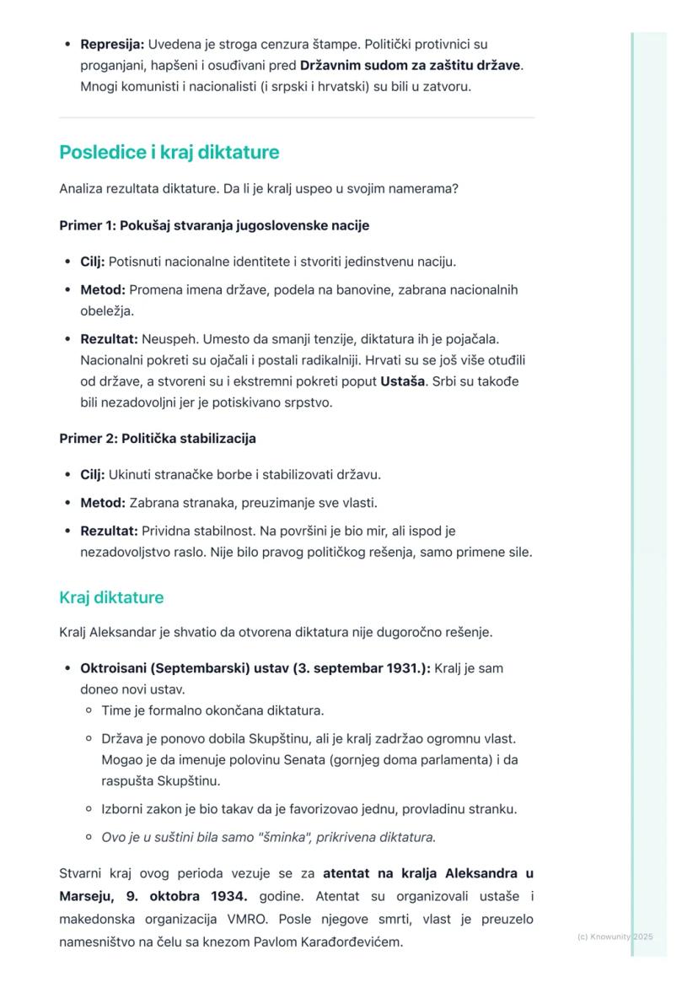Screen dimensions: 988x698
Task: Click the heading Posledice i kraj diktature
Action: coord(169,153)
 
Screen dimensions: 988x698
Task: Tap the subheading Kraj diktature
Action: coord(111,597)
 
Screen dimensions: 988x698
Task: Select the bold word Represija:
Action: coord(112,44)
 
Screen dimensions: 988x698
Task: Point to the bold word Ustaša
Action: coord(403,381)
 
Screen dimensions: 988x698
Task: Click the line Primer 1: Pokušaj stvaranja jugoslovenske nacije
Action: coord(214,225)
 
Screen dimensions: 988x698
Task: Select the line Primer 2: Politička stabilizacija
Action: coord(158,439)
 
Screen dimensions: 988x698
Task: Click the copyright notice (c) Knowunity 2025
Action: coord(615,937)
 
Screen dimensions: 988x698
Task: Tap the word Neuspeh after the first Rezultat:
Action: coord(166,339)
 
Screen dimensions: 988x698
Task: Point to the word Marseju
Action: coord(88,895)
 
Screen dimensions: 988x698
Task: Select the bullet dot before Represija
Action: coord(67,44)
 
